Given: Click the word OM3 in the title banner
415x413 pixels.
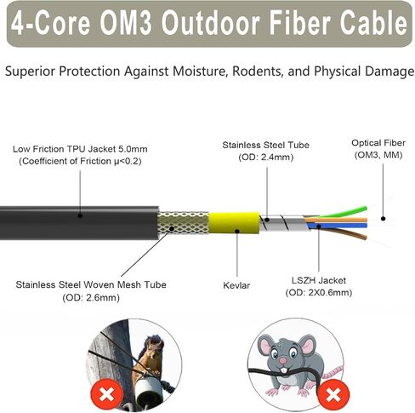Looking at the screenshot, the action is point(126,23).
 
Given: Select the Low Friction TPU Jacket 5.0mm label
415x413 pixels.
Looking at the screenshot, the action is point(80,149).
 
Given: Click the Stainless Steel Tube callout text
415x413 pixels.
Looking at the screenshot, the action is point(265,145).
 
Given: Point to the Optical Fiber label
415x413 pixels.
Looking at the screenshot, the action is point(378,143).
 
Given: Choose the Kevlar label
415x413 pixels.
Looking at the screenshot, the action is point(236,285).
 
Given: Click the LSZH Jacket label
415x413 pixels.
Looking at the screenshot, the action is point(319,280).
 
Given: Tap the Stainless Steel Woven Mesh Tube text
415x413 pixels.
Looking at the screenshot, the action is point(91,284).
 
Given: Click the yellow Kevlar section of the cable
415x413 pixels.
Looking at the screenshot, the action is point(234,223).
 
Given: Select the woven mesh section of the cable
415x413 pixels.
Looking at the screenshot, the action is point(184,223).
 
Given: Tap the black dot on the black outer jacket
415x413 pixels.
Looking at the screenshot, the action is point(80,215).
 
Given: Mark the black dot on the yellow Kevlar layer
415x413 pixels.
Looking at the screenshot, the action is point(237,231).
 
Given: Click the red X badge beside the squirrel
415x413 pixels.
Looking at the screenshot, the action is point(106,393).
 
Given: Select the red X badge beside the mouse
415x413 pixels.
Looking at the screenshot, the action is point(333,394).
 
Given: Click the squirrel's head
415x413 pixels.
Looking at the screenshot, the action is point(154,345).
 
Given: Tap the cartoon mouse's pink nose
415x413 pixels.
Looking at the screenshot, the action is point(283,361).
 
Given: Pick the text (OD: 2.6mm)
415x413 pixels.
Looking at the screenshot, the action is point(91,298).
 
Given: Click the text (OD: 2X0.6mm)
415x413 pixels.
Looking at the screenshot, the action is point(319,293).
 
